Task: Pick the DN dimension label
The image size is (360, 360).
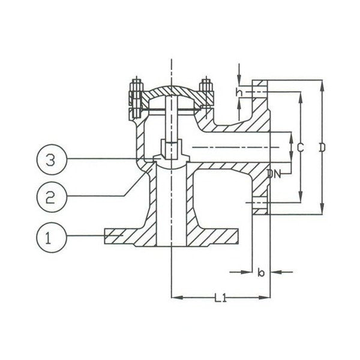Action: click(x=275, y=174)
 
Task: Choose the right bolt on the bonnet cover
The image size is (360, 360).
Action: click(x=208, y=97)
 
